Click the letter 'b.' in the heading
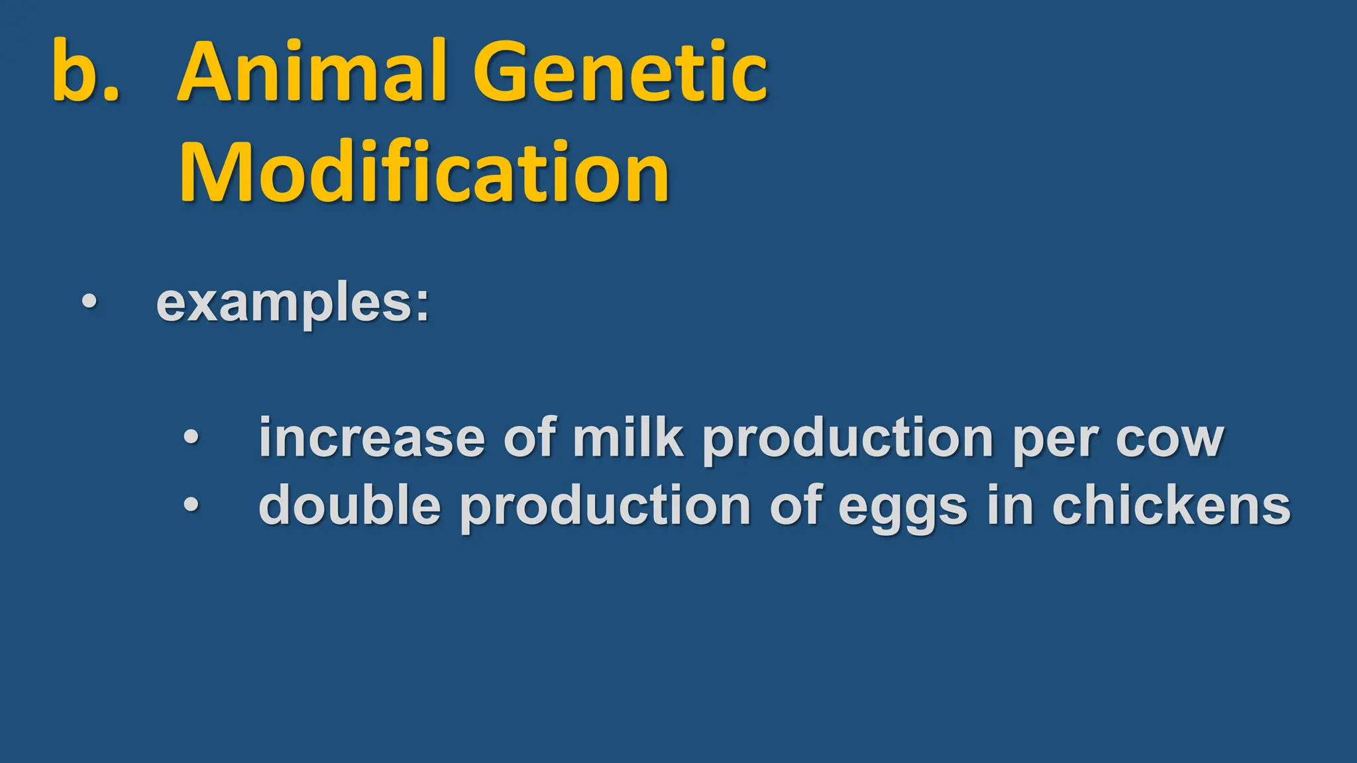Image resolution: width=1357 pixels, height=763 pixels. (x=85, y=72)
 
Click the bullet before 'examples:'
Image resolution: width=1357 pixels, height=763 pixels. (x=89, y=302)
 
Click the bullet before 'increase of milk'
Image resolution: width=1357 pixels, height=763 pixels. (x=191, y=437)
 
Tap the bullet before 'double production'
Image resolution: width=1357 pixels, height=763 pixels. (x=191, y=505)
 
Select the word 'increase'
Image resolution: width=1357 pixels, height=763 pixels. (x=372, y=438)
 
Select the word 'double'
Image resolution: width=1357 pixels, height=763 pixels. (x=349, y=505)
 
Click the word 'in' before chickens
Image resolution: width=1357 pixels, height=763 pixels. (x=1010, y=505)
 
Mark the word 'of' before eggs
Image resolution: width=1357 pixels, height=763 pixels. (x=796, y=505)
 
